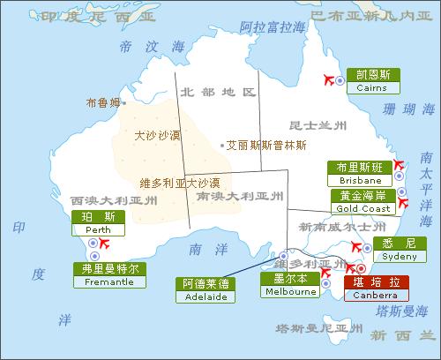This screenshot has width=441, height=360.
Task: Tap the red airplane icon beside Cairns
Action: click(x=334, y=80)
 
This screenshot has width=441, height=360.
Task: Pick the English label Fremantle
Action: click(x=109, y=281)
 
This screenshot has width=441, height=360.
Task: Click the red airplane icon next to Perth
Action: click(x=104, y=243)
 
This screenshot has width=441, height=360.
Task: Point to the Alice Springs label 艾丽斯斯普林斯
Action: click(x=265, y=145)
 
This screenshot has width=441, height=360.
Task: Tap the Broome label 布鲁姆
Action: click(x=102, y=103)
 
